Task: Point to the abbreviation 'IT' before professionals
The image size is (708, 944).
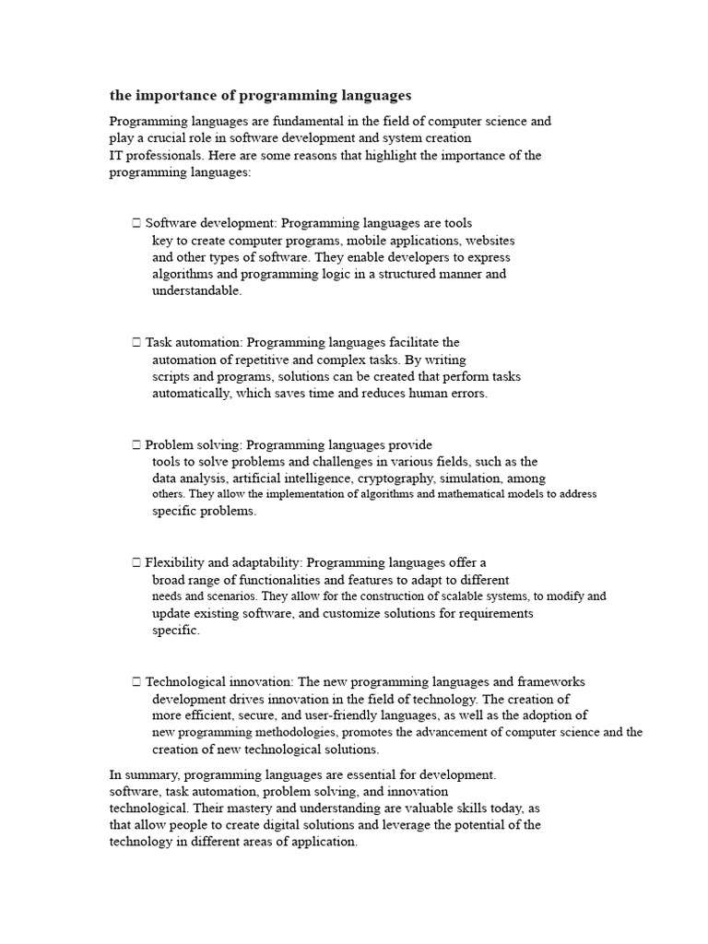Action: [x=116, y=155]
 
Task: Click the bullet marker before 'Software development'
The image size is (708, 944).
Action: [x=136, y=223]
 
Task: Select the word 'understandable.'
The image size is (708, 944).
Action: [x=197, y=290]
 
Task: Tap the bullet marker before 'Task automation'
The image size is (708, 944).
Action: [x=136, y=342]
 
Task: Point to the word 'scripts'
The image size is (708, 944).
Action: [x=171, y=376]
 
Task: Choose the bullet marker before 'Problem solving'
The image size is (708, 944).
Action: [x=136, y=445]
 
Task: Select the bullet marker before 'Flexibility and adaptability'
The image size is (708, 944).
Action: [x=136, y=562]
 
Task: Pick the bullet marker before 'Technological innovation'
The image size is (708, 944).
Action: [x=136, y=682]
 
